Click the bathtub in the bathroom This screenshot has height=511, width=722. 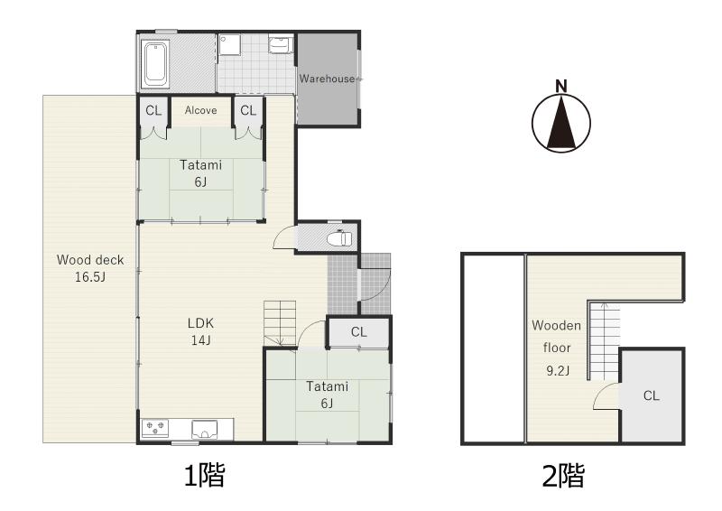click(155, 64)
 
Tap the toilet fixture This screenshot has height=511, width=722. click(339, 238)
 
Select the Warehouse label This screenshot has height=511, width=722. click(327, 79)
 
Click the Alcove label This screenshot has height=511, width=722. click(200, 110)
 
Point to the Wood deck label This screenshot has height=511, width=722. click(90, 260)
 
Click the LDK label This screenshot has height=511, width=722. click(200, 323)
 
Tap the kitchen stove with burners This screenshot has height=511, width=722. click(155, 428)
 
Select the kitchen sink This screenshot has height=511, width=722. click(205, 430)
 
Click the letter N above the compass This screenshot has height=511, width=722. click(560, 86)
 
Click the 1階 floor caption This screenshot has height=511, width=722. click(205, 476)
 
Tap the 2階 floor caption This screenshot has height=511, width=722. click(563, 476)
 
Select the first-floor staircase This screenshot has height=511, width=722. click(280, 323)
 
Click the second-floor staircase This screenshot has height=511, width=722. click(604, 340)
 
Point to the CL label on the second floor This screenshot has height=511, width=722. click(651, 395)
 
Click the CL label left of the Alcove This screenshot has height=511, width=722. click(153, 110)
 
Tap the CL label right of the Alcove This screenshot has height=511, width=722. click(248, 110)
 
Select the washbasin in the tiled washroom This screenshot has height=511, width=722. click(279, 44)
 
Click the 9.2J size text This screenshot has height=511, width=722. click(558, 370)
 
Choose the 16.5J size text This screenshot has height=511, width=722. click(90, 277)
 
